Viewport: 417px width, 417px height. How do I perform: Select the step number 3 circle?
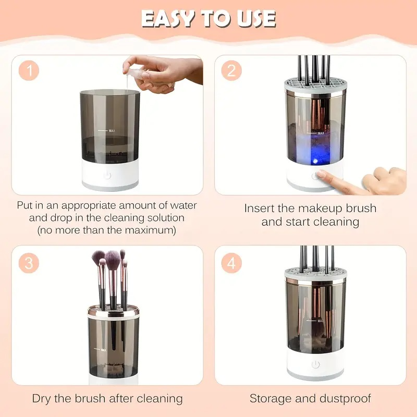29,263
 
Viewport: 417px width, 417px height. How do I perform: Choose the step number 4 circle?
231,263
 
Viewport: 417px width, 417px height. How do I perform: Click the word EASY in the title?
169,18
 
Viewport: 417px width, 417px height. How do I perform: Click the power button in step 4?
315,364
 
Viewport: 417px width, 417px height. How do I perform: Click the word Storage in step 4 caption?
271,399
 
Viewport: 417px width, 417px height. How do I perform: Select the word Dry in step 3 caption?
42,399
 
